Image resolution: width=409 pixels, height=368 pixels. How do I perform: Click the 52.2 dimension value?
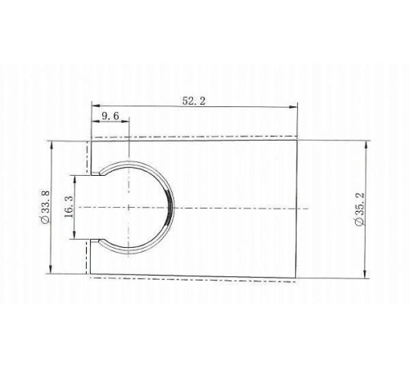pos(193,101)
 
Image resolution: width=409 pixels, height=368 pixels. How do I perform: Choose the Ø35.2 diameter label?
pos(357,209)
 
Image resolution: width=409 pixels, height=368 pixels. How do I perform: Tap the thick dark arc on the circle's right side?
pos(169,209)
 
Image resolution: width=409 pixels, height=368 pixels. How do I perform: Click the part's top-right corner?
pos(297,141)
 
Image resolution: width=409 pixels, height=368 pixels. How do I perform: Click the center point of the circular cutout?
pos(129,208)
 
